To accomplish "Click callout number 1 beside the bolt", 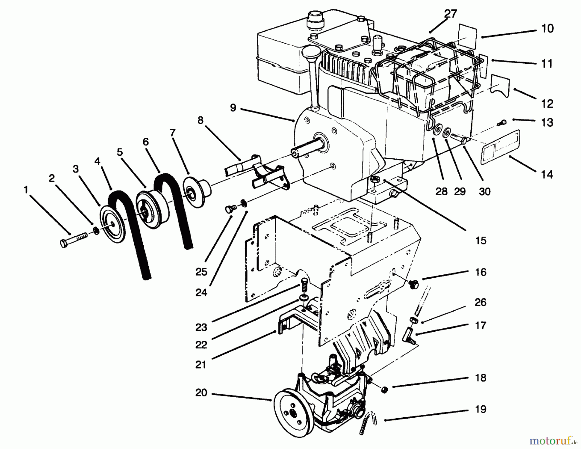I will [26, 190].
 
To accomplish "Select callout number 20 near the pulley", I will [201, 393].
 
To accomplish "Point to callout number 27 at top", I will [450, 14].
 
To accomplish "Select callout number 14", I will [547, 175].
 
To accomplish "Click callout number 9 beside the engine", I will [233, 108].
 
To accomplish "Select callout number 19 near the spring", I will [481, 409].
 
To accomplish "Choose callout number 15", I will [481, 241].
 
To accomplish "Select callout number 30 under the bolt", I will [484, 192].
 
